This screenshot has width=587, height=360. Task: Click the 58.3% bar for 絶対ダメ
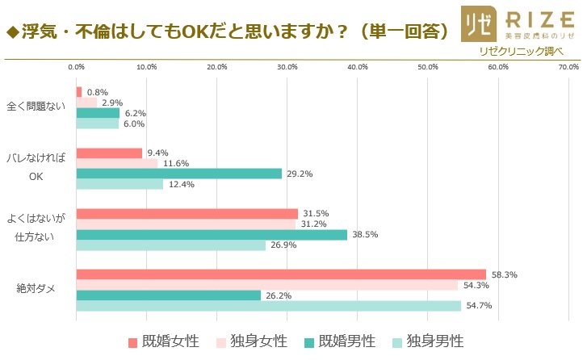click(281, 274)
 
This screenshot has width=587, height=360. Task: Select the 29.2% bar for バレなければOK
click(178, 174)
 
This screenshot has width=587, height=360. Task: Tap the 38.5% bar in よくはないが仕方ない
click(212, 234)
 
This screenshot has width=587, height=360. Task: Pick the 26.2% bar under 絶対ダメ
click(168, 295)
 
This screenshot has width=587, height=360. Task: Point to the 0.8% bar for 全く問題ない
click(78, 92)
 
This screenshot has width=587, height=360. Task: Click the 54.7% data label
click(479, 306)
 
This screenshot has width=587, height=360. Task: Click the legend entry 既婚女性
click(162, 342)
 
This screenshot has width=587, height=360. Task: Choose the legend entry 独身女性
click(251, 342)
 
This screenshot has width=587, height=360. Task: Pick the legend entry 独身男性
click(428, 342)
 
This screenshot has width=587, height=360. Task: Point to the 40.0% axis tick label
click(357, 67)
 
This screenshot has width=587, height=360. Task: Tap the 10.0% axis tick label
click(146, 67)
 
